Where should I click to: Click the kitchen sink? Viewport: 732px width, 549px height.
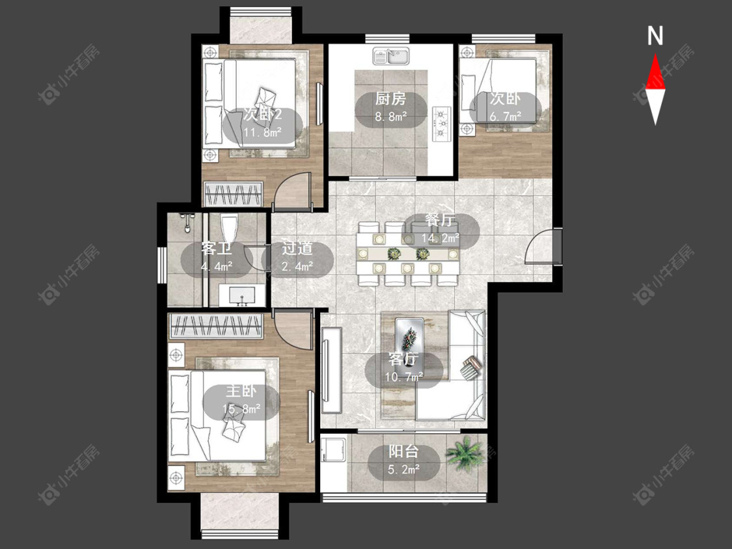click(x=391, y=56)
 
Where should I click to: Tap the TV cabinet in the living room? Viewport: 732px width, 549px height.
click(x=331, y=369)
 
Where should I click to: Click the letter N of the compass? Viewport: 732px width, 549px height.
click(x=655, y=36)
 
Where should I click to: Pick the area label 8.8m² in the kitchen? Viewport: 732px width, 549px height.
click(x=390, y=116)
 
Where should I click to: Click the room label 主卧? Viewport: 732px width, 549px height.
click(x=241, y=391)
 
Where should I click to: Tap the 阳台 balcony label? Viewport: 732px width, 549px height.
click(x=403, y=451)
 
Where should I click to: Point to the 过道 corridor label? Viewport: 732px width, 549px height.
click(x=297, y=248)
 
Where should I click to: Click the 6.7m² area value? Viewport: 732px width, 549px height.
click(x=505, y=116)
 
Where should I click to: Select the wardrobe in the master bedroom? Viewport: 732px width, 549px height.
click(x=216, y=326)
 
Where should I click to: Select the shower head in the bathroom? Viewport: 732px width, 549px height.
click(x=187, y=222)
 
